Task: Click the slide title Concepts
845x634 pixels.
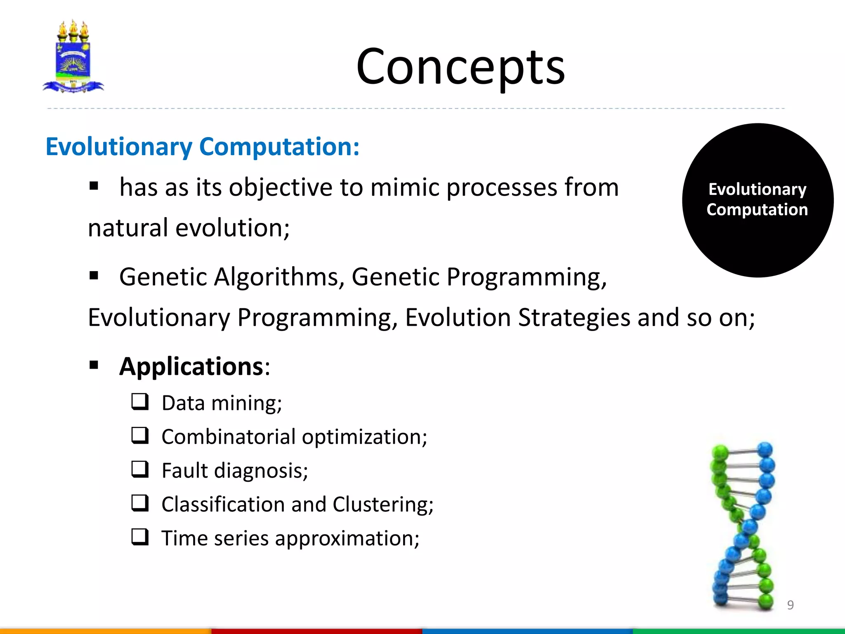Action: click(x=460, y=67)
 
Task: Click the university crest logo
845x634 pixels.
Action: click(x=73, y=57)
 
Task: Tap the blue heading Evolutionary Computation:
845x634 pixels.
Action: click(x=202, y=147)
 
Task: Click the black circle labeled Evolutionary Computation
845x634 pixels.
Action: click(x=758, y=200)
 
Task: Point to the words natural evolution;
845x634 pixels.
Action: click(x=189, y=228)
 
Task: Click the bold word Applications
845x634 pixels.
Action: click(x=191, y=366)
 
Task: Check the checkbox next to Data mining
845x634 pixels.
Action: click(x=140, y=402)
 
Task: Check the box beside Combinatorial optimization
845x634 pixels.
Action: click(x=140, y=435)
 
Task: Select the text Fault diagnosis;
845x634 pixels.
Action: click(x=235, y=471)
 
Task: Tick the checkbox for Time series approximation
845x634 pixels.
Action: click(x=140, y=537)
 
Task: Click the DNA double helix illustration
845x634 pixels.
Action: click(x=743, y=524)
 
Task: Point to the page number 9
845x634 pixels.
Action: click(x=790, y=605)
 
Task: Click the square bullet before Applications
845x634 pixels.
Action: click(x=94, y=365)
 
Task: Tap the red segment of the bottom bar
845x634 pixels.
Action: click(x=316, y=631)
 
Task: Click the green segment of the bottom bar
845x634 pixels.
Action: click(x=739, y=631)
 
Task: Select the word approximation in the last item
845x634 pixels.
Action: click(x=347, y=539)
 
